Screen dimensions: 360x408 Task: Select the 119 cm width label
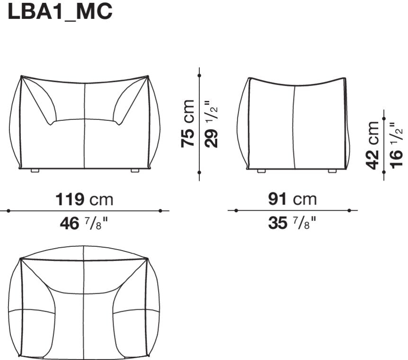[x=85, y=199]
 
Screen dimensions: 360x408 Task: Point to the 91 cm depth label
[x=292, y=199]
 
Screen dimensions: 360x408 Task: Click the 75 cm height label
[x=188, y=124]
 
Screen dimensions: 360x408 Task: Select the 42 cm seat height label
[x=373, y=145]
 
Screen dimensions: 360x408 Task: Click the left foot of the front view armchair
[x=35, y=170]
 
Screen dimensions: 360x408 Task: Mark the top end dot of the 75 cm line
[x=200, y=75]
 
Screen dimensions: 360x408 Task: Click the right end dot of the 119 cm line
[x=161, y=210]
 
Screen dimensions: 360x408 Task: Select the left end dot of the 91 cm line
[x=236, y=210]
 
